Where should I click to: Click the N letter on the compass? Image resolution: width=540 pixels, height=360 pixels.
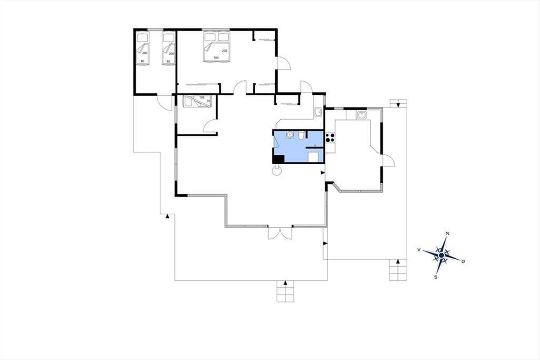tap(447, 234)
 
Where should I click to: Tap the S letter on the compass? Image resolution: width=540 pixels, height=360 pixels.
tap(436, 277)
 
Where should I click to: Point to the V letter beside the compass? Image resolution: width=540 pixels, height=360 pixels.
tap(419, 250)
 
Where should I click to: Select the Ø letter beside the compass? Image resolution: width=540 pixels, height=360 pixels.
tap(463, 261)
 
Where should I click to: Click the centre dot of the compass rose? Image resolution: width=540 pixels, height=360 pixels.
tap(441, 255)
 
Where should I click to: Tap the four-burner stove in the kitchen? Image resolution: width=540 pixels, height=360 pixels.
tap(330, 138)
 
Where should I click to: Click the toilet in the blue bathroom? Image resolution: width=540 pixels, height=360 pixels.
tap(301, 135)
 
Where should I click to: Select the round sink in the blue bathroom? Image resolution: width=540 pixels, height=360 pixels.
tap(289, 135)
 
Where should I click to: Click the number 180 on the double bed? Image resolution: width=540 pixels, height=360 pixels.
tap(216, 58)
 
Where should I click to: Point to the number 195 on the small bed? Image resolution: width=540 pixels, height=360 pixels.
tap(202, 97)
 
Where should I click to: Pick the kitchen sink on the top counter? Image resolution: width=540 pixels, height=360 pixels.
tap(361, 115)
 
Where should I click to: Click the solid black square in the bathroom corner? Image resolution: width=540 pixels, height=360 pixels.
tap(279, 159)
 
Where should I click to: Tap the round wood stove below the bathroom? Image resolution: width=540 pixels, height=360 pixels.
tap(277, 171)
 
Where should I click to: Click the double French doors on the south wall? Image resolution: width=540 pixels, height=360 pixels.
tap(280, 233)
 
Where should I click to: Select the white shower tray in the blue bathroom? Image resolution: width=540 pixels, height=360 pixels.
tap(315, 157)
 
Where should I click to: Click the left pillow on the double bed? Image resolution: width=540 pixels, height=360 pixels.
tap(210, 37)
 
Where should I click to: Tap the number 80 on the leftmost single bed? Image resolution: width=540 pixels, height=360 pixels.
tap(143, 61)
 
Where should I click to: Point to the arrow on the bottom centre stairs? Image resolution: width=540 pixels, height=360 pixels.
tap(285, 283)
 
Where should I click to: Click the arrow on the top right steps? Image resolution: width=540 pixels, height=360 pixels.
tap(398, 105)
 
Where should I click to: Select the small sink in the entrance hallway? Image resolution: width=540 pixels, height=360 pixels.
tap(319, 112)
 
